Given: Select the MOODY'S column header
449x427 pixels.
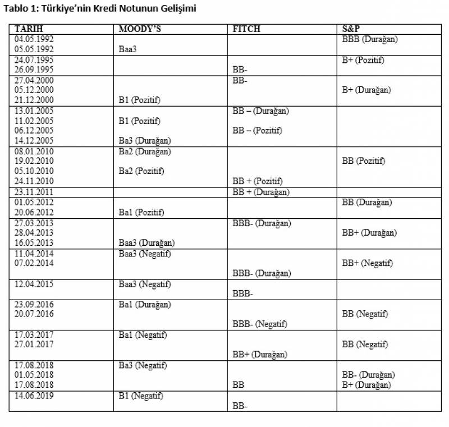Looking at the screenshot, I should tap(140, 29).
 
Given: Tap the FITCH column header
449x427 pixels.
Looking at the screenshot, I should tap(246, 29).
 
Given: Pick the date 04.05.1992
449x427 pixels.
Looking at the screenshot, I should tap(34, 39).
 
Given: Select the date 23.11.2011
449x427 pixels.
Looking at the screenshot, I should tap(34, 192).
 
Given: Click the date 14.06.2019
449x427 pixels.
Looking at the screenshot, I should tap(34, 396).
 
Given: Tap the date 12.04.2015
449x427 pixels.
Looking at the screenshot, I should tap(34, 284).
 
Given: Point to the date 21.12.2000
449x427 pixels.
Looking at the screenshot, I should tap(34, 100).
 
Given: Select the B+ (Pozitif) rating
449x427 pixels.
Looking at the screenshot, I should tap(363, 60).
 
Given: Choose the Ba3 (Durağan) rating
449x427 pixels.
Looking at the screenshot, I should tap(145, 141).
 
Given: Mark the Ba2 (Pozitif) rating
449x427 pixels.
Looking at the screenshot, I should tap(141, 171).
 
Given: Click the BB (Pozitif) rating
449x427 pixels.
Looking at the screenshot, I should tap(364, 161).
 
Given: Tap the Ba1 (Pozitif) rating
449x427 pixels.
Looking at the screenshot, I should tap(141, 212).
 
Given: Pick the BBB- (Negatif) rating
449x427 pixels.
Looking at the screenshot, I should tap(260, 324).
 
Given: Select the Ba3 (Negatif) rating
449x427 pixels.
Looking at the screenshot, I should tap(143, 365).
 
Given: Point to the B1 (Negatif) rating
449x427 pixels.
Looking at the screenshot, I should tap(141, 396).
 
